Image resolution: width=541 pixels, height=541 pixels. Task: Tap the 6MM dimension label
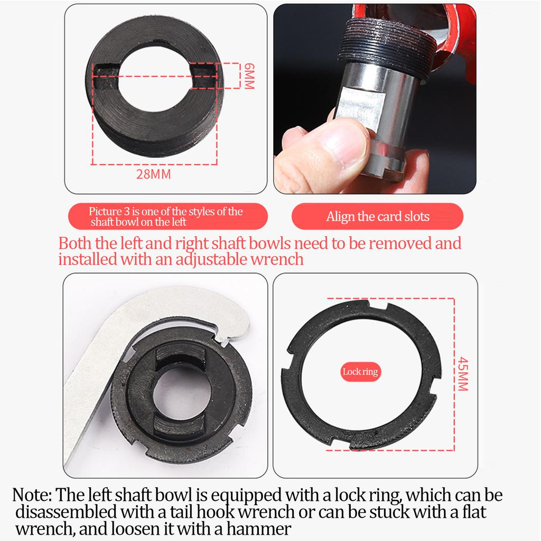[x=248, y=76]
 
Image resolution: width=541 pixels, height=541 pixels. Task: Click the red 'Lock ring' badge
[x=360, y=371]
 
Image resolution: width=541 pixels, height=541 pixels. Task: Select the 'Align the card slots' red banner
[x=377, y=216]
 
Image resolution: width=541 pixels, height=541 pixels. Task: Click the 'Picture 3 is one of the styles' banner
[x=165, y=217]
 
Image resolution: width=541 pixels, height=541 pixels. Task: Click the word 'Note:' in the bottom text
[x=32, y=496]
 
